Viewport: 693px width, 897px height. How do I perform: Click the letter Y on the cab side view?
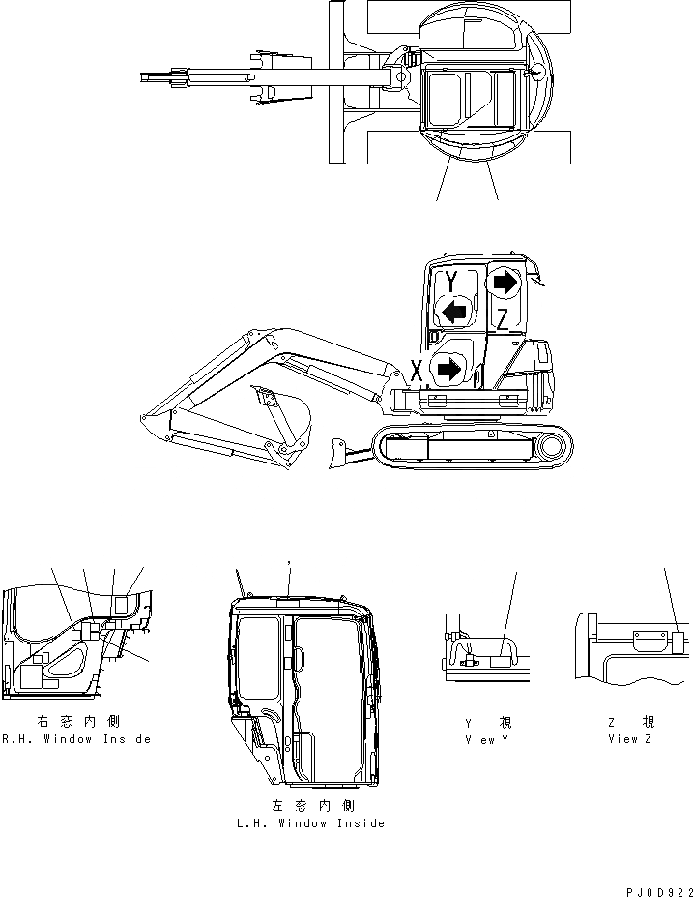[451, 282]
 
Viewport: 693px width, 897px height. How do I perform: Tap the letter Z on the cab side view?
[502, 318]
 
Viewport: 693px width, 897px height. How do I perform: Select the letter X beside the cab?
[416, 371]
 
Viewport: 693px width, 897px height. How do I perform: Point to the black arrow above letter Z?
[504, 282]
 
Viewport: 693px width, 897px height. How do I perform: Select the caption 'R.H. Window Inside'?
[76, 739]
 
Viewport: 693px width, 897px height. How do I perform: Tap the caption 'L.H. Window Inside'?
[309, 823]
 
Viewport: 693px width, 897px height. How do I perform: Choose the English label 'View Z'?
[629, 739]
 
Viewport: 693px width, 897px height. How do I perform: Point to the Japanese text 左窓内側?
[309, 806]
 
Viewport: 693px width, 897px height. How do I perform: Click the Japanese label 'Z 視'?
[629, 723]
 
